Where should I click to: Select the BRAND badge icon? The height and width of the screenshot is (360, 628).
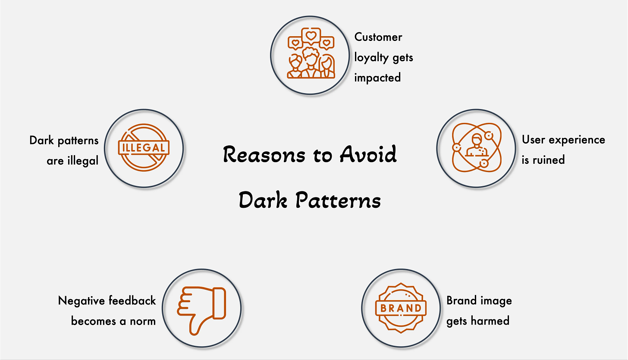coord(401,308)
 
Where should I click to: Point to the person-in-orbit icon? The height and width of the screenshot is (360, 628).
coord(476,147)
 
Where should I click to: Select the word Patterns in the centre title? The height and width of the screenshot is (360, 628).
coord(338,200)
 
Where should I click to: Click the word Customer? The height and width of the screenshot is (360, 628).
coord(378,37)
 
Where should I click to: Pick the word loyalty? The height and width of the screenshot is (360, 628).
coord(371,58)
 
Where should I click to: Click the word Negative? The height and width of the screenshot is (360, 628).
coord(82,301)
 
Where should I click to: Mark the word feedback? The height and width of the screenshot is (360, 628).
coord(132,301)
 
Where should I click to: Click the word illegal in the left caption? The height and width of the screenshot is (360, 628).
coord(83,161)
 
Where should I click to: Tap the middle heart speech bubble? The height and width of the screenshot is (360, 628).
coord(311,36)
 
